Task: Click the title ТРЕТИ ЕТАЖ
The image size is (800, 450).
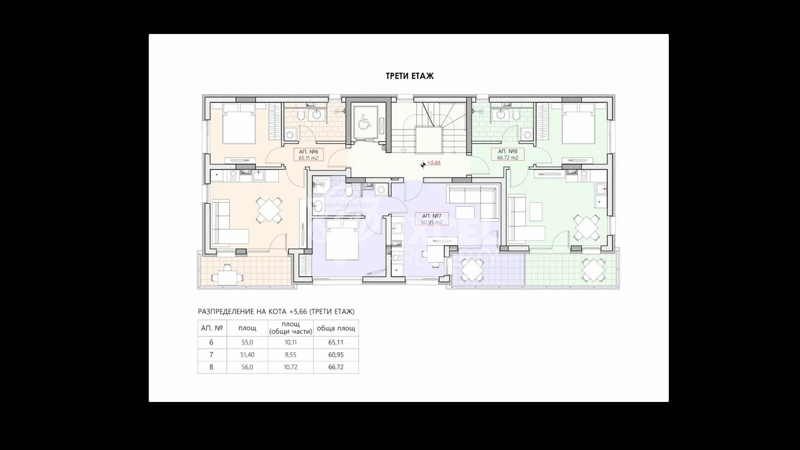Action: (409, 76)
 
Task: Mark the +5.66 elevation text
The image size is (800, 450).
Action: (434, 163)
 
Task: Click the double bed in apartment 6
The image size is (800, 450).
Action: (238, 125)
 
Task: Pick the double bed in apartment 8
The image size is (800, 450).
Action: (578, 125)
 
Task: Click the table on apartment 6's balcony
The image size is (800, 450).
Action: (226, 275)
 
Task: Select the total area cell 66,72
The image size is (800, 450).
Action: (336, 367)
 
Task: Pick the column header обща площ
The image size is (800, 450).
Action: (336, 328)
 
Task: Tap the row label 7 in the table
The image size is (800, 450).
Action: (211, 354)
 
